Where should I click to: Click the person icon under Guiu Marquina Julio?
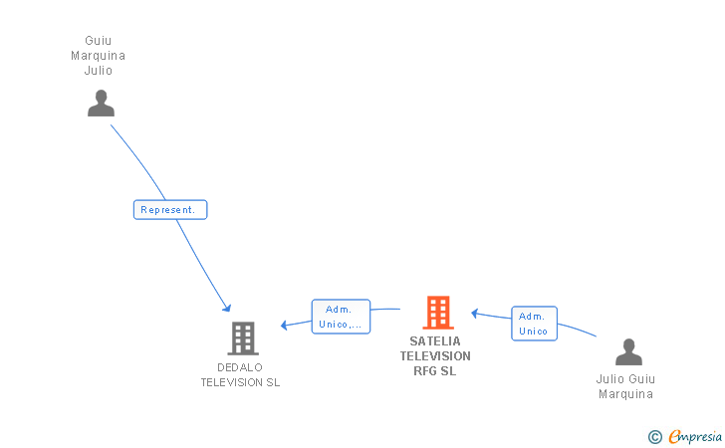click(101, 104)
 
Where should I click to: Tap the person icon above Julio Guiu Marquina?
click(628, 351)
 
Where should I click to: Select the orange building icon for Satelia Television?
click(438, 313)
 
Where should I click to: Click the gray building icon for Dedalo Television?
click(243, 338)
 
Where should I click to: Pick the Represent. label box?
click(170, 210)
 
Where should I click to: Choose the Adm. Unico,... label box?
click(341, 317)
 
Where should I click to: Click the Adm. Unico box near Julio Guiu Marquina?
click(534, 324)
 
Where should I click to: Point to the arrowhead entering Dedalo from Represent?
click(227, 308)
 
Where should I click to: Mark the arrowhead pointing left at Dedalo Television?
click(285, 325)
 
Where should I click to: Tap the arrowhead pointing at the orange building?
click(474, 314)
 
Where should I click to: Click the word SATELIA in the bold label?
click(435, 341)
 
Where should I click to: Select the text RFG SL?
click(434, 371)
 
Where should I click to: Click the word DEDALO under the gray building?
click(240, 367)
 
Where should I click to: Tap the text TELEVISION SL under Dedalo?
click(240, 383)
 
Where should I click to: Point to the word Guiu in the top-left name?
click(98, 41)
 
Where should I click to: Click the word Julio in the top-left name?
click(98, 71)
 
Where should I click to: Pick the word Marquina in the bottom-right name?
click(625, 394)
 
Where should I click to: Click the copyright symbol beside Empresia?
click(655, 437)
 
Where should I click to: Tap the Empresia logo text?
click(695, 437)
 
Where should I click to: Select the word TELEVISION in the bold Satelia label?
click(435, 356)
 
